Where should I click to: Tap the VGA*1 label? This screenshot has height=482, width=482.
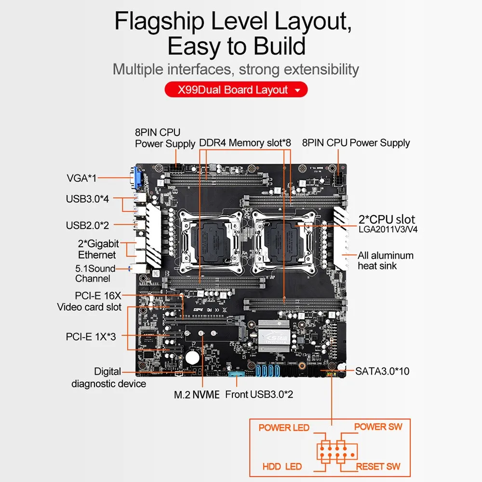81,178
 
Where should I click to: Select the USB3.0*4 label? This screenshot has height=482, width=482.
87,199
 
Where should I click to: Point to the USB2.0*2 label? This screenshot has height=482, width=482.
87,225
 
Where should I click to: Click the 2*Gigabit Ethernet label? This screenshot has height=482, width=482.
98,249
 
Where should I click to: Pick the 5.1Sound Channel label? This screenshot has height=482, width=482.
95,273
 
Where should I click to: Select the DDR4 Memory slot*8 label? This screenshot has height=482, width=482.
246,143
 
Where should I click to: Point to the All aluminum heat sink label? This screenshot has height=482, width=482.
386,260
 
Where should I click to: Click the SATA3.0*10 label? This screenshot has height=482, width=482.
382,371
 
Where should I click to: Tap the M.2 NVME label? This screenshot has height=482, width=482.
197,395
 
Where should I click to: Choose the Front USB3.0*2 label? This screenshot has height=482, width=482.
259,395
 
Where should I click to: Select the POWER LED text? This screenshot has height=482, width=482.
284,428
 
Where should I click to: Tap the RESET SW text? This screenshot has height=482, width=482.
378,467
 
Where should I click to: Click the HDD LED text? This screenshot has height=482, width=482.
282,467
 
